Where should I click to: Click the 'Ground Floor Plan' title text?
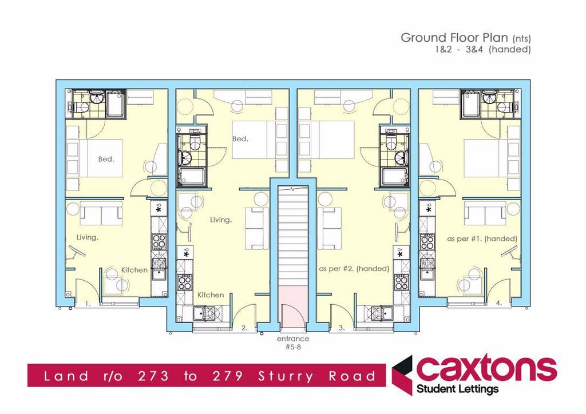[x=454, y=38]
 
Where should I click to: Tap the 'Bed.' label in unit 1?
[x=106, y=159]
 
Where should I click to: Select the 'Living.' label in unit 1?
[x=88, y=237]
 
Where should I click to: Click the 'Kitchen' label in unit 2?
[x=211, y=295]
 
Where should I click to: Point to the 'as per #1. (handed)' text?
[x=482, y=238]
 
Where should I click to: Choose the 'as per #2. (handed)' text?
[x=354, y=269]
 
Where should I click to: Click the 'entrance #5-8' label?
[x=293, y=343]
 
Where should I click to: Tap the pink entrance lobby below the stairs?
[x=293, y=305]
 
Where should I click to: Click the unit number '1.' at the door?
[x=88, y=304]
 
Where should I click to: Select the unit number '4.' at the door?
[x=498, y=303]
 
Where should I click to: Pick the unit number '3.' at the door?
[x=342, y=328]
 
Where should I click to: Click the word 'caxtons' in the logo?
[x=486, y=368]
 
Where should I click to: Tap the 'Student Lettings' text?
[x=457, y=389]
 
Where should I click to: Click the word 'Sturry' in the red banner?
[x=286, y=376]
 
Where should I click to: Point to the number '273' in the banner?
[x=153, y=376]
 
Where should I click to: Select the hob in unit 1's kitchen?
[x=160, y=242]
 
